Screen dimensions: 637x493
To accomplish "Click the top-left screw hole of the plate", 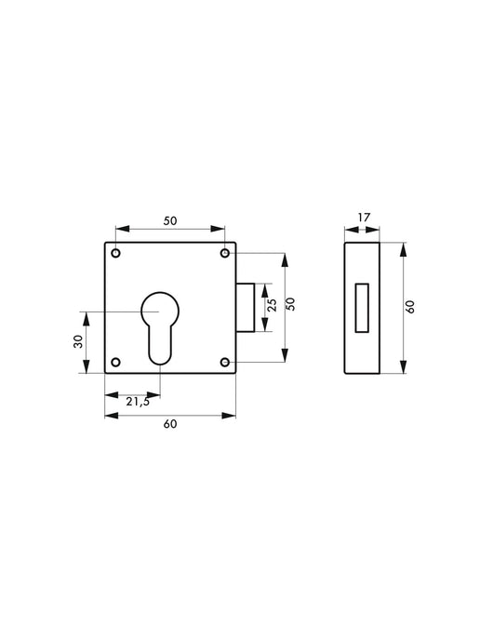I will pos(115,253).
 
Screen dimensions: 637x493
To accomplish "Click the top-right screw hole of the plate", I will pos(225,253).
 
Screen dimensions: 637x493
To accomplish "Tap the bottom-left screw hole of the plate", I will pos(115,362).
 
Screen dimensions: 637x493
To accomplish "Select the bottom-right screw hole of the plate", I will pos(225,362).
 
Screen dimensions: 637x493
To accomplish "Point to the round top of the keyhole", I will pos(160,309).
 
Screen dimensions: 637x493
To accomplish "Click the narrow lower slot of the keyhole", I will pos(160,346).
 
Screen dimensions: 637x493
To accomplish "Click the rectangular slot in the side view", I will pos(363,308).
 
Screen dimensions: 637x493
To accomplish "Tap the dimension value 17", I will pos(364,218).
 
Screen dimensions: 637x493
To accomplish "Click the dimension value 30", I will pos(76,341).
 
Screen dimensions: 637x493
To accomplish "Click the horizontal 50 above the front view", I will pos(170,220).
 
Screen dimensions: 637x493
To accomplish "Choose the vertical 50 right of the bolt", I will pos(291,306).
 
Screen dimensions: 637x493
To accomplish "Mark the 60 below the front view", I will pos(169,424).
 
